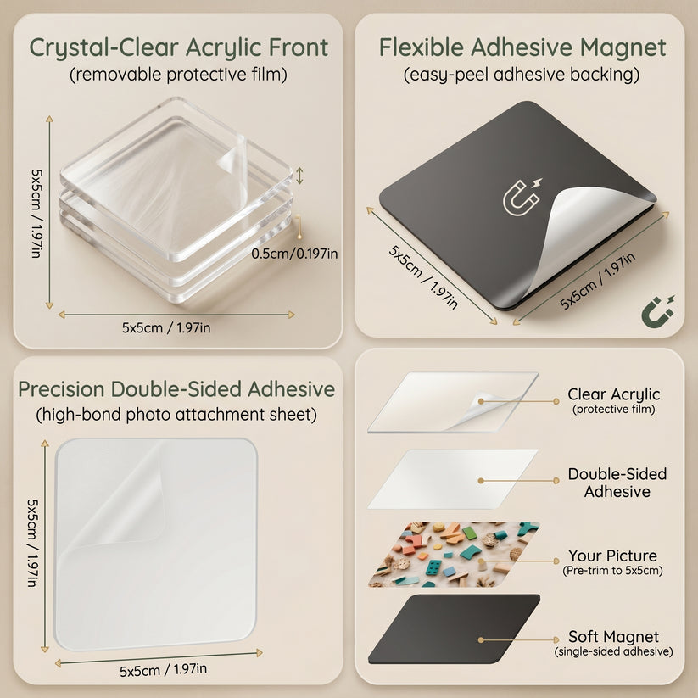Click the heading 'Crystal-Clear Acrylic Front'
178,48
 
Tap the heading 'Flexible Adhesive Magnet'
522,48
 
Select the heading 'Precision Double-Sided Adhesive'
176,389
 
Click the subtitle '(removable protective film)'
178,75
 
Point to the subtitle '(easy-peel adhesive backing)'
522,75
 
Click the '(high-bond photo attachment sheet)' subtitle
176,415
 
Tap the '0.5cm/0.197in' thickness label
294,254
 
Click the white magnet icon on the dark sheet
522,197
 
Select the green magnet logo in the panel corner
657,311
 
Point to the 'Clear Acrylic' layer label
613,394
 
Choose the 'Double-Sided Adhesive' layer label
617,483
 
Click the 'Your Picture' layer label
612,556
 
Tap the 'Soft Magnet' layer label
613,637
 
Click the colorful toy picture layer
454,554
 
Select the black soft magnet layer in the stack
454,629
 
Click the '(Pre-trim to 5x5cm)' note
612,571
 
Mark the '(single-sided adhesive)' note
613,651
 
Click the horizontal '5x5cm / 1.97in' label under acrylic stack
166,328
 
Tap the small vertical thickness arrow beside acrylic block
299,176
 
